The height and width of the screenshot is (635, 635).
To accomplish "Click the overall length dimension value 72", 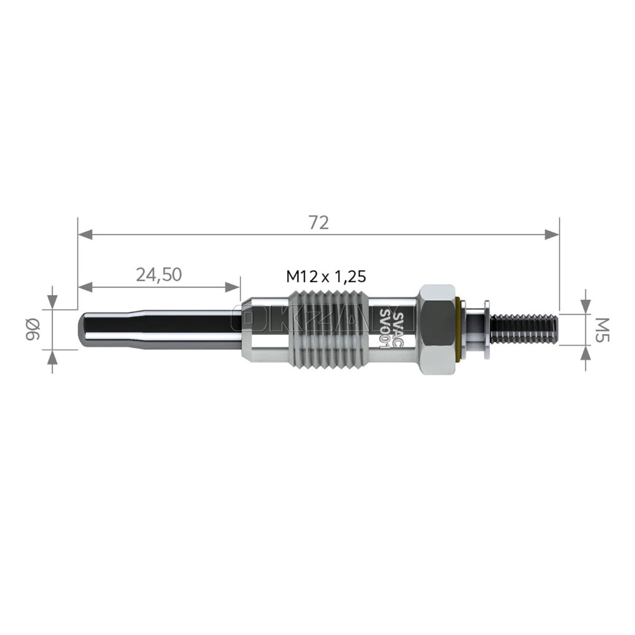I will click(319, 223).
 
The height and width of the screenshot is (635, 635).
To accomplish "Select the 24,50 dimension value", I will click(159, 274).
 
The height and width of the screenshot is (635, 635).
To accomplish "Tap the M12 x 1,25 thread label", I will click(326, 276).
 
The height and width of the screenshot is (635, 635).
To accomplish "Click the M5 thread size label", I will click(599, 330).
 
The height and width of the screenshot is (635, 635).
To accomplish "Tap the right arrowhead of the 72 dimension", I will click(551, 234).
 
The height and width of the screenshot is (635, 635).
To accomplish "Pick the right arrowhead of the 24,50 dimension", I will click(233, 287).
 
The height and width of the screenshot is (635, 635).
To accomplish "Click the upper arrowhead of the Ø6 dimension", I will click(52, 302).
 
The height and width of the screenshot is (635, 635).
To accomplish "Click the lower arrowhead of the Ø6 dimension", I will click(52, 357).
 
